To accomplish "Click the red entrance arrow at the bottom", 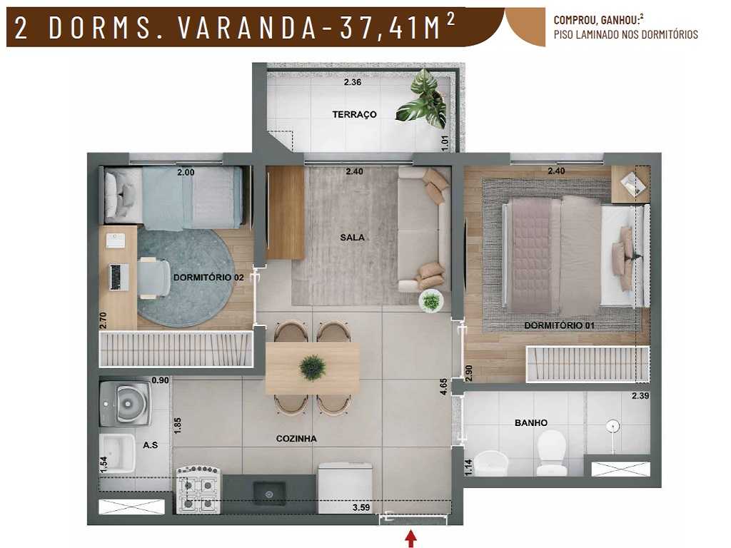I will point(410,539).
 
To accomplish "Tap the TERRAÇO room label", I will point(354,115).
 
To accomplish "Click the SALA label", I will point(352,238).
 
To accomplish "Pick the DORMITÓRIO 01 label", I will point(559,326).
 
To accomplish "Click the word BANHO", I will point(531,423).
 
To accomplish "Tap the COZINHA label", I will point(296,439).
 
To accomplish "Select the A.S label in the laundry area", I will point(150,445).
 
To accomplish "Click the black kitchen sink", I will point(269,492).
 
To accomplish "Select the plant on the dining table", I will point(313,367).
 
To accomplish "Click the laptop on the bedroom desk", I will point(119,277).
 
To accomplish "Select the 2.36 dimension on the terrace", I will point(353,83).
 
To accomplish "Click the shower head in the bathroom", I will point(611,427).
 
